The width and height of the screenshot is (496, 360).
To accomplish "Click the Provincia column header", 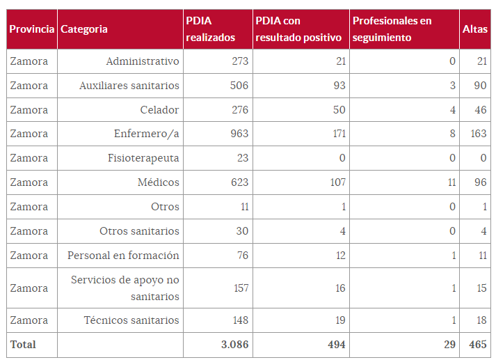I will click(x=31, y=29).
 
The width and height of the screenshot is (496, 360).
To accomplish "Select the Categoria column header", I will click(x=84, y=29).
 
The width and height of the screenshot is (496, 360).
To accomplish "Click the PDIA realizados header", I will click(x=210, y=29).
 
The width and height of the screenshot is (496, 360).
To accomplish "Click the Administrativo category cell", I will click(x=142, y=61).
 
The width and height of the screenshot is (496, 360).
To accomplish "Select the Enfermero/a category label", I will click(x=146, y=134).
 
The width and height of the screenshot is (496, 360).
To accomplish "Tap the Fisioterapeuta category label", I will click(x=143, y=158).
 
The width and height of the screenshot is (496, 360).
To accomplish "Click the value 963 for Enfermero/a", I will click(x=239, y=134).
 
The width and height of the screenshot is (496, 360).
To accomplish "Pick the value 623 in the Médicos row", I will click(x=239, y=182).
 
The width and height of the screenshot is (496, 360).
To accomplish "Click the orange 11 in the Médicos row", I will click(x=451, y=182).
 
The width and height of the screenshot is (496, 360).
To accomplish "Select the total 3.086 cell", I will click(x=234, y=345).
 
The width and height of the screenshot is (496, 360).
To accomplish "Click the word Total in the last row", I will click(x=22, y=345).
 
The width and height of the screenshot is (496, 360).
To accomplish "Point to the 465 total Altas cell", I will click(x=477, y=345).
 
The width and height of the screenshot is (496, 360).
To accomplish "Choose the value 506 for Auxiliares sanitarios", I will click(x=239, y=86).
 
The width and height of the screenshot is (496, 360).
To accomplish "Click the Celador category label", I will click(x=159, y=110).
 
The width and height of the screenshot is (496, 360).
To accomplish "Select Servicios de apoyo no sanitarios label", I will click(x=125, y=288).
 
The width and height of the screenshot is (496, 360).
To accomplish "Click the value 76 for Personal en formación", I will click(x=242, y=256).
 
